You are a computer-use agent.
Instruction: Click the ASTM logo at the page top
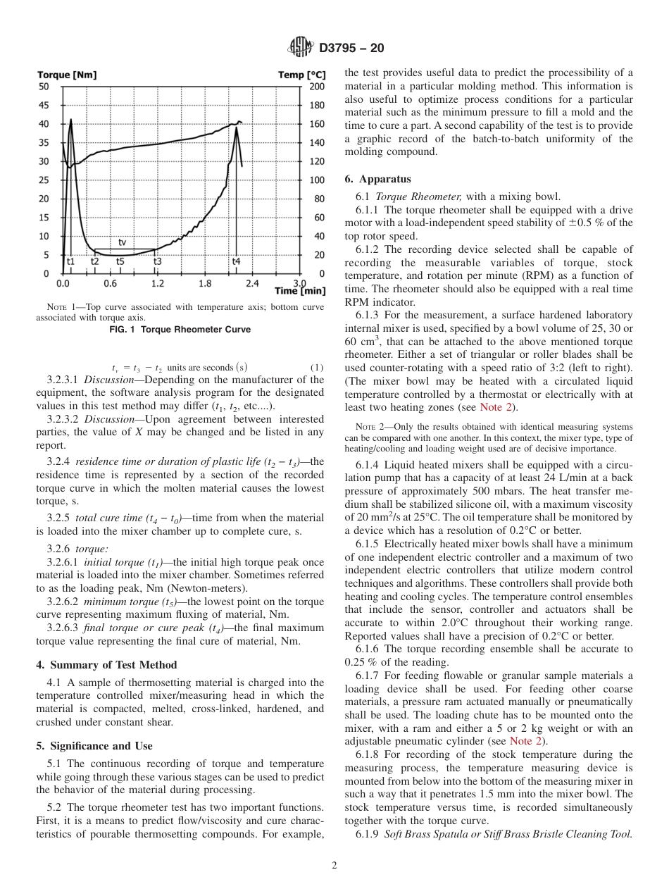coord(301,49)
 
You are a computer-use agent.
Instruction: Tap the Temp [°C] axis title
coord(302,75)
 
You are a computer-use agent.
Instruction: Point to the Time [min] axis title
coord(300,290)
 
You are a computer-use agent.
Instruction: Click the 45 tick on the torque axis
coord(44,106)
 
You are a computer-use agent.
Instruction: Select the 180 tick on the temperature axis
coord(318,106)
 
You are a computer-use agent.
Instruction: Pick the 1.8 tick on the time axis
coord(204,283)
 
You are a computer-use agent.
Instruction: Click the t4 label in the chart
coord(237,261)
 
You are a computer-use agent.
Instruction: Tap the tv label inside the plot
coord(122,242)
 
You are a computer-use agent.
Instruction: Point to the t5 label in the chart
coord(120,261)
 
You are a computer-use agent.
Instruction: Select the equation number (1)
coord(317,367)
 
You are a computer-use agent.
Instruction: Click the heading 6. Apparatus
coord(378,180)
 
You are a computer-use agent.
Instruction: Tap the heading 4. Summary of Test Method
coord(106,665)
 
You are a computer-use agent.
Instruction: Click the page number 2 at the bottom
coord(334,866)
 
